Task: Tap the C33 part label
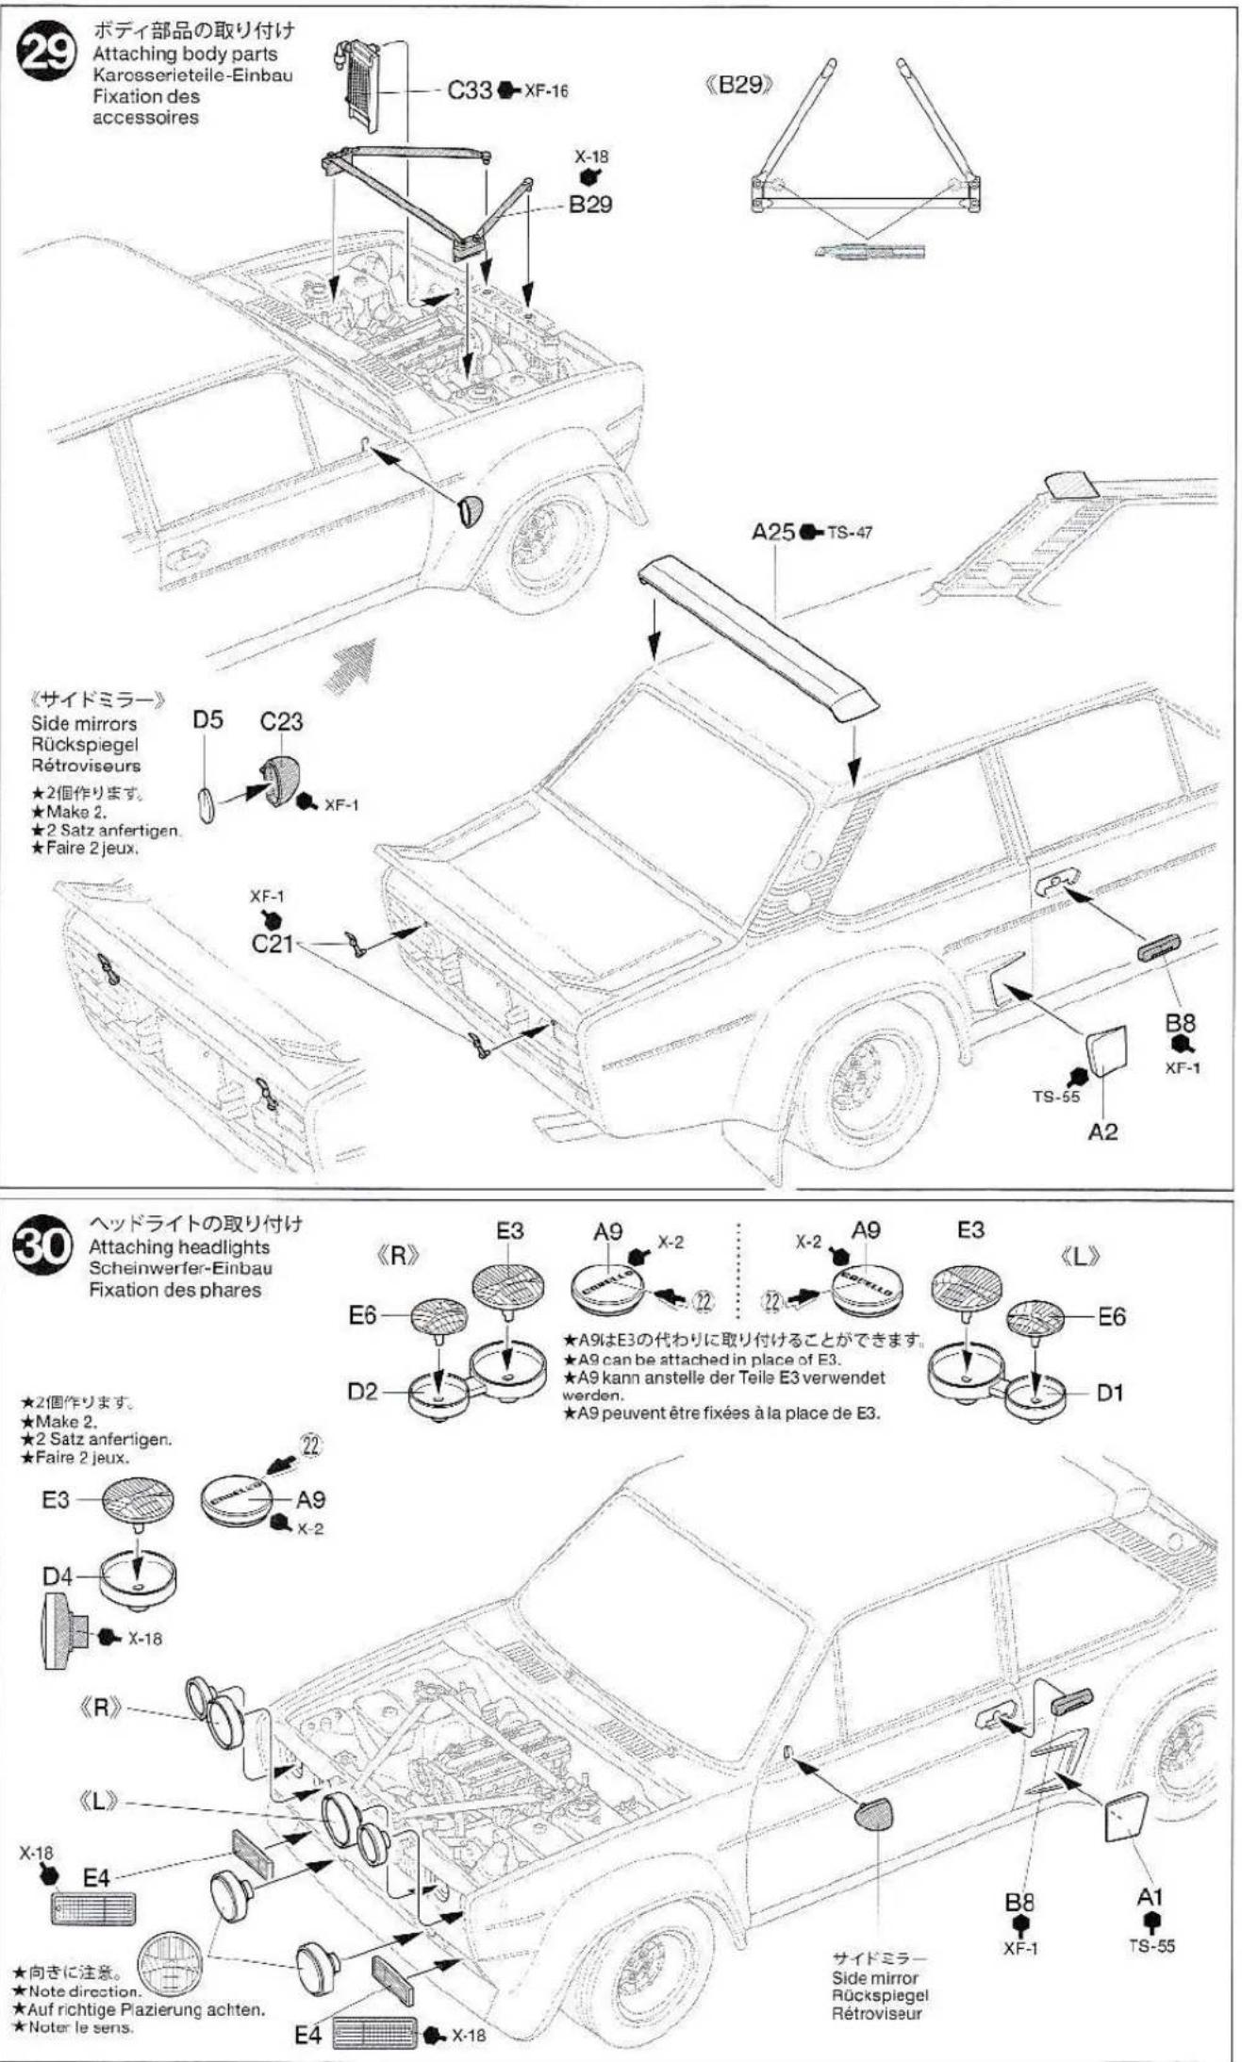click(x=469, y=91)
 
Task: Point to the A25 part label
click(x=772, y=532)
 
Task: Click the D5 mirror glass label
click(x=207, y=720)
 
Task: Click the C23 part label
click(x=281, y=721)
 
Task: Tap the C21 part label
click(x=272, y=943)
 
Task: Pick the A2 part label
click(x=1102, y=1131)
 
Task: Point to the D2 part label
click(x=361, y=1392)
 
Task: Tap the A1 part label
click(x=1150, y=1896)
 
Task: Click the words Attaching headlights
click(x=178, y=1247)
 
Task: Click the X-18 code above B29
click(x=591, y=157)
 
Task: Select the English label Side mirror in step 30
click(x=874, y=1978)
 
